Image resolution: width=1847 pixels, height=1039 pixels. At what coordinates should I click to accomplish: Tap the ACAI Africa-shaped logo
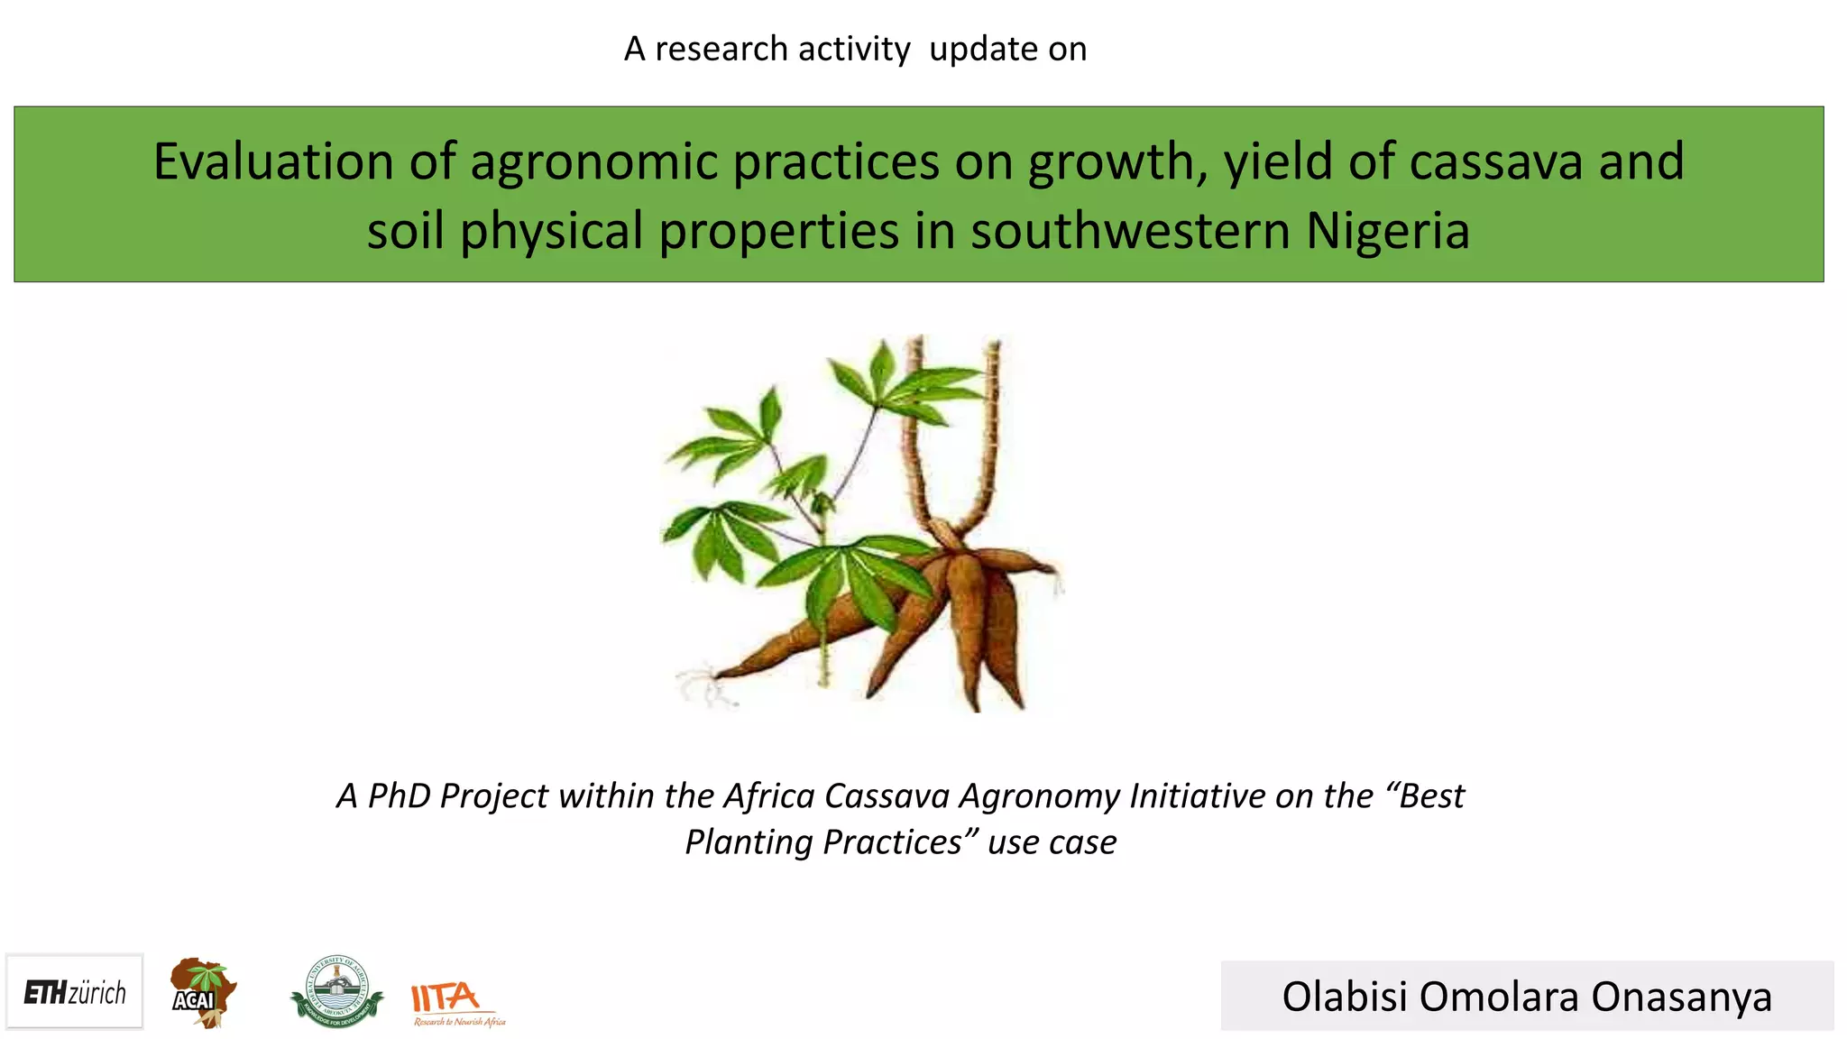[x=203, y=993]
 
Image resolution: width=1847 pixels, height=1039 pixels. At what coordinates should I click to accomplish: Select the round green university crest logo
[x=336, y=992]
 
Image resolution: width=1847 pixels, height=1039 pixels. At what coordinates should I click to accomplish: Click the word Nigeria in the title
[x=1388, y=231]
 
